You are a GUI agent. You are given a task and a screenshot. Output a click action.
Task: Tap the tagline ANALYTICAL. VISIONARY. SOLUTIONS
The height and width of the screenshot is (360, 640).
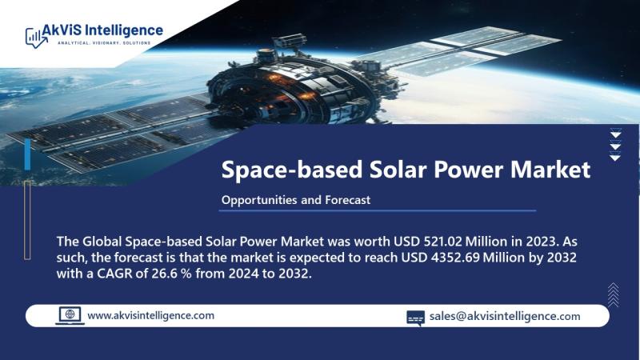click(104, 43)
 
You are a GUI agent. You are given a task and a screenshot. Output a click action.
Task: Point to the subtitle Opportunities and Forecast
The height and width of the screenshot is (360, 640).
click(296, 200)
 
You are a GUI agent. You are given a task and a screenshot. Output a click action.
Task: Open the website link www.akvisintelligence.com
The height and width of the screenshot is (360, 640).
click(150, 315)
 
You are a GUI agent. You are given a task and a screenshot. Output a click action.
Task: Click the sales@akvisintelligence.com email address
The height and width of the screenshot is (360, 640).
click(505, 316)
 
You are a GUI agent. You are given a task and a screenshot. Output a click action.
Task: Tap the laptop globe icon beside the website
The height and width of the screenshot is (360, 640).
click(70, 316)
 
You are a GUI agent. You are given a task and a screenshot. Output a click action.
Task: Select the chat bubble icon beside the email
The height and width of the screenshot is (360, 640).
click(415, 318)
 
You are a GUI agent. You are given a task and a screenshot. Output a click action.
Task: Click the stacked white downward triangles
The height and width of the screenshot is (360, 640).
click(615, 145)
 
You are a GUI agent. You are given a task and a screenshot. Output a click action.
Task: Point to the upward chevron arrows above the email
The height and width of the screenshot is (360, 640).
click(613, 294)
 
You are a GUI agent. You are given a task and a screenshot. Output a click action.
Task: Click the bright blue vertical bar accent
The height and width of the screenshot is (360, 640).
click(27, 154)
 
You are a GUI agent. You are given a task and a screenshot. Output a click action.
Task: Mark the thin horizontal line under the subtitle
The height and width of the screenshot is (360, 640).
click(378, 211)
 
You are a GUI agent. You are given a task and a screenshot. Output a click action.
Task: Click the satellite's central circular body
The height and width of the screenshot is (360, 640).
click(292, 88)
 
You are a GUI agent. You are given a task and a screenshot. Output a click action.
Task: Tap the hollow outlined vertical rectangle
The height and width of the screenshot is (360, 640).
click(27, 221)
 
